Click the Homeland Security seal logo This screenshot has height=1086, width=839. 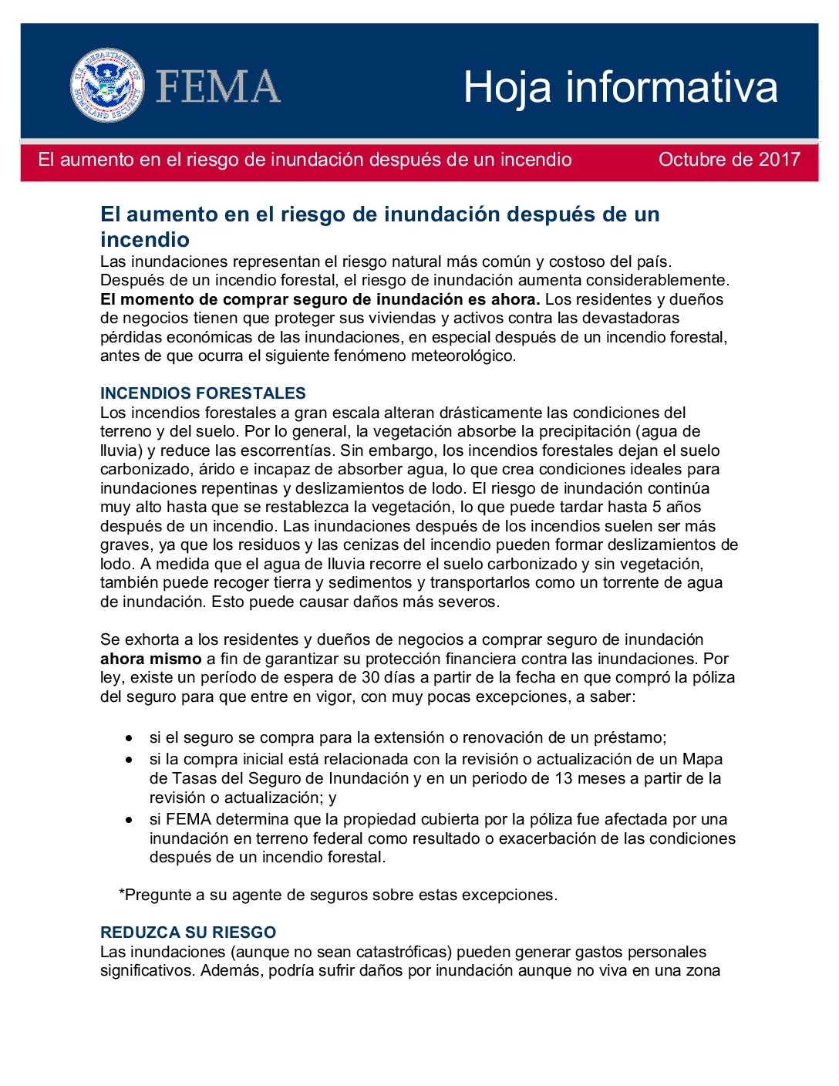(x=106, y=85)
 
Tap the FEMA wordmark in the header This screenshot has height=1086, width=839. (x=218, y=86)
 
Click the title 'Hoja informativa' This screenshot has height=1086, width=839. (x=620, y=86)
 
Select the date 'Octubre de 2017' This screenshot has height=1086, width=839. (x=729, y=160)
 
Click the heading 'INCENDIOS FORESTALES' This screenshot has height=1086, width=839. (x=203, y=393)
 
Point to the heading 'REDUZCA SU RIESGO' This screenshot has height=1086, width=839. (x=187, y=933)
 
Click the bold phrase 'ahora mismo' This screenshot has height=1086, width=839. (x=150, y=659)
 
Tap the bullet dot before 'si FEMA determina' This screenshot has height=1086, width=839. (x=129, y=819)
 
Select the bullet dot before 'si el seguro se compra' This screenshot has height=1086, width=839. (x=129, y=737)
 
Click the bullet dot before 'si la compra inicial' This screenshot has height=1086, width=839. (x=129, y=760)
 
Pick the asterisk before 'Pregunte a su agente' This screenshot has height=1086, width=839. (x=122, y=894)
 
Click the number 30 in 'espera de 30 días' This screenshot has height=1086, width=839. (x=371, y=678)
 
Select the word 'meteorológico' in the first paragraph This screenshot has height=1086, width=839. (x=462, y=356)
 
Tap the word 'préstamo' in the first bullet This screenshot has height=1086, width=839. (x=625, y=737)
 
